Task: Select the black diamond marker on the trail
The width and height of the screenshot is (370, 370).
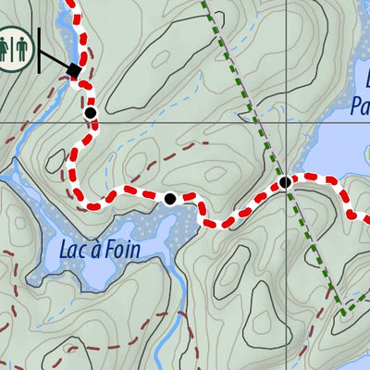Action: tap(76, 71)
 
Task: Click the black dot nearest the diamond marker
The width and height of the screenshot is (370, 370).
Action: tap(91, 113)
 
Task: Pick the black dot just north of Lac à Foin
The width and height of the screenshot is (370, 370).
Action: tap(170, 198)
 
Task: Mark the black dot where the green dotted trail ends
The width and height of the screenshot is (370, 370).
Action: tap(286, 182)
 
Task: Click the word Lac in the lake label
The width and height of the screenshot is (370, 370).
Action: tap(73, 249)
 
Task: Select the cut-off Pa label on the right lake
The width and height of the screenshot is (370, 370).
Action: tap(360, 106)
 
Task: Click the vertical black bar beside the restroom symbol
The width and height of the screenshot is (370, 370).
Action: tap(39, 48)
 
